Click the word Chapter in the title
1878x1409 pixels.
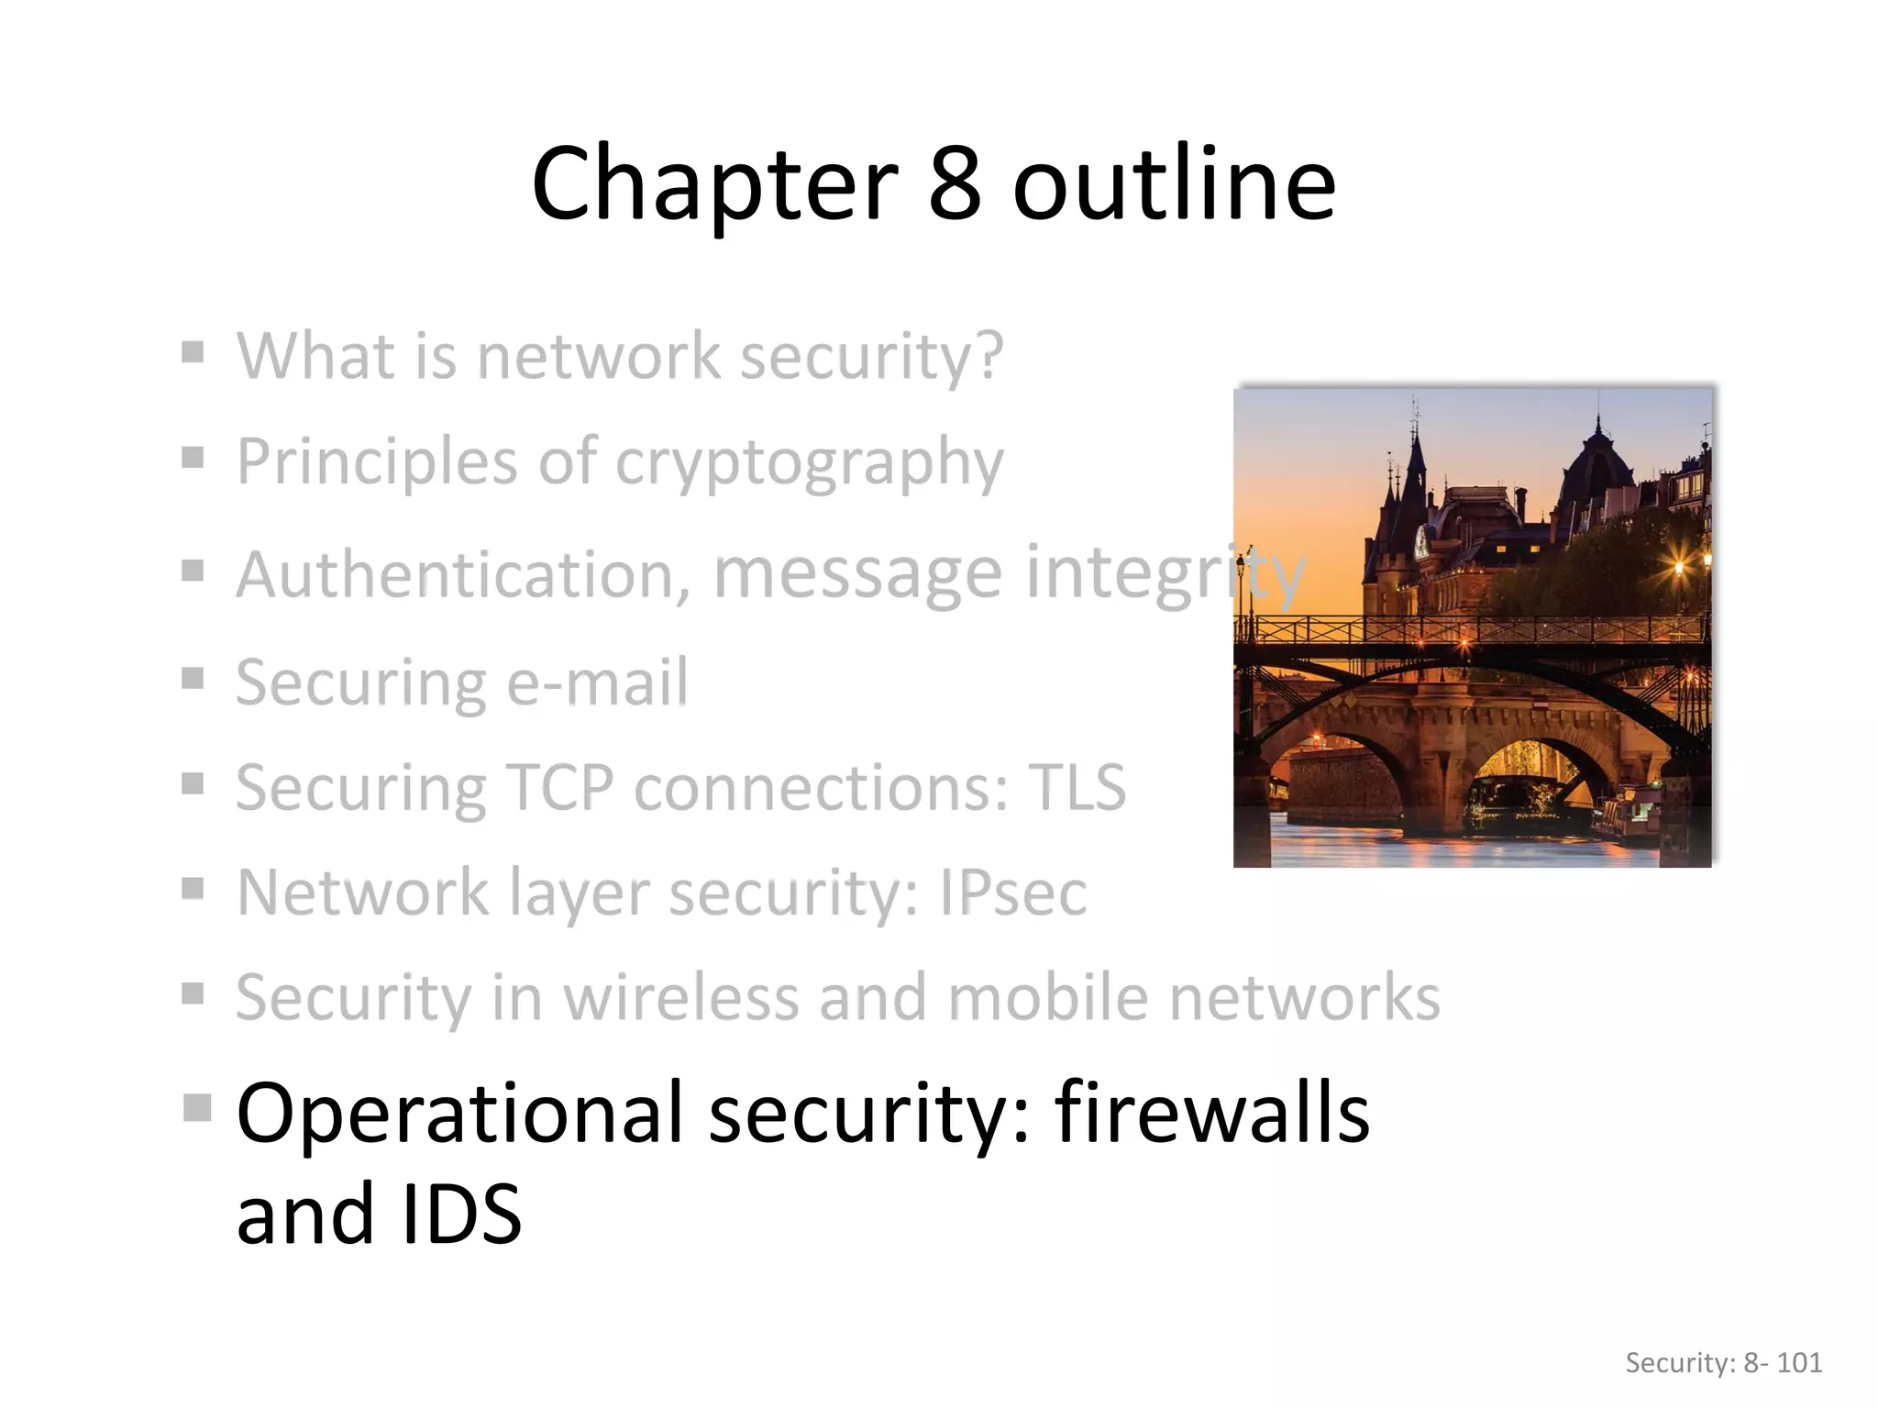pyautogui.click(x=713, y=185)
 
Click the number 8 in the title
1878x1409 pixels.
pyautogui.click(x=955, y=185)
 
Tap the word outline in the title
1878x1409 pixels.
pyautogui.click(x=1174, y=185)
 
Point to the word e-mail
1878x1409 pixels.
pyautogui.click(x=596, y=683)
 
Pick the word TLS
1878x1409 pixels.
pyautogui.click(x=1077, y=788)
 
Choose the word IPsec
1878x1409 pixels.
pyautogui.click(x=1012, y=893)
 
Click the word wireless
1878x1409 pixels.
pyautogui.click(x=680, y=997)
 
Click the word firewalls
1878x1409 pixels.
pyautogui.click(x=1211, y=1114)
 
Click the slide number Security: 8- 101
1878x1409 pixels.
pyautogui.click(x=1723, y=1363)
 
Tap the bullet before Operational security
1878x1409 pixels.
pyautogui.click(x=196, y=1107)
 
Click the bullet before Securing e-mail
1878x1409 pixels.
pyautogui.click(x=193, y=679)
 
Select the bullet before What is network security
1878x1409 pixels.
pyautogui.click(x=193, y=352)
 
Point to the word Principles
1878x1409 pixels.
pyautogui.click(x=377, y=461)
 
